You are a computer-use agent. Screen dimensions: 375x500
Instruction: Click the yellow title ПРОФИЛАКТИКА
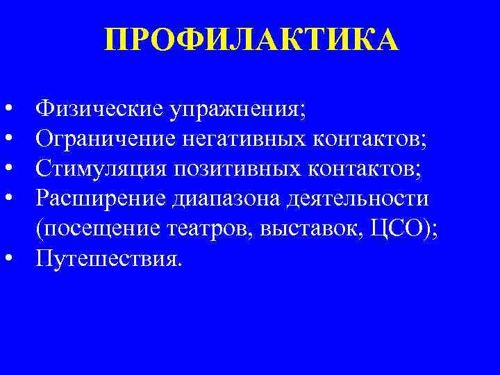tap(251, 40)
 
